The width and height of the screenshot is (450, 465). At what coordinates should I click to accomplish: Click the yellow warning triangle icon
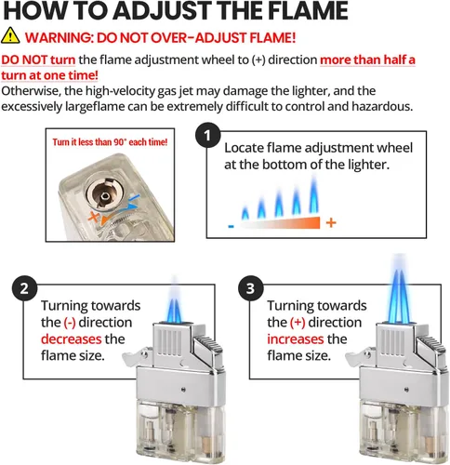(x=10, y=35)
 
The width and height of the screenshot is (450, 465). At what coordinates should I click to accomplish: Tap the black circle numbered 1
(x=207, y=136)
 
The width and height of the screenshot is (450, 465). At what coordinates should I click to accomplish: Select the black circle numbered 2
(x=24, y=289)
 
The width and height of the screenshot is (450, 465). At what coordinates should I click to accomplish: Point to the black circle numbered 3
(x=250, y=289)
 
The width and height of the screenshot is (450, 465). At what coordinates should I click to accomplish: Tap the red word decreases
(x=72, y=339)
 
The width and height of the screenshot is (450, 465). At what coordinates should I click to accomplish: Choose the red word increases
(x=296, y=339)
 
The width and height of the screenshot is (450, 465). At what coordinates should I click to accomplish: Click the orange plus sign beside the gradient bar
(x=331, y=222)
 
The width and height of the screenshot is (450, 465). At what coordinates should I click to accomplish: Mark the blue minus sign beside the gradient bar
(x=231, y=226)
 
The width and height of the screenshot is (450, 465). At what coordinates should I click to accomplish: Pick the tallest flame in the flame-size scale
(x=314, y=194)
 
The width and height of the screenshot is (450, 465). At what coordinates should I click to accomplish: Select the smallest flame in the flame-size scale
(x=245, y=212)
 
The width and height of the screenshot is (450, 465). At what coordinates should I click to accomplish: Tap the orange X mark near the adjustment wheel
(x=93, y=216)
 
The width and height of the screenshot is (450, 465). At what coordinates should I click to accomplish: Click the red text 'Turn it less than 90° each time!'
(x=110, y=142)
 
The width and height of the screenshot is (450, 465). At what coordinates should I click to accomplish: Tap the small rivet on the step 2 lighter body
(x=184, y=390)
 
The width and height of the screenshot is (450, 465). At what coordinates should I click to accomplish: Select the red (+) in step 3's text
(x=298, y=323)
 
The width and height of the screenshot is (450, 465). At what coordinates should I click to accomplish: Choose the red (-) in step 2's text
(x=70, y=323)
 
